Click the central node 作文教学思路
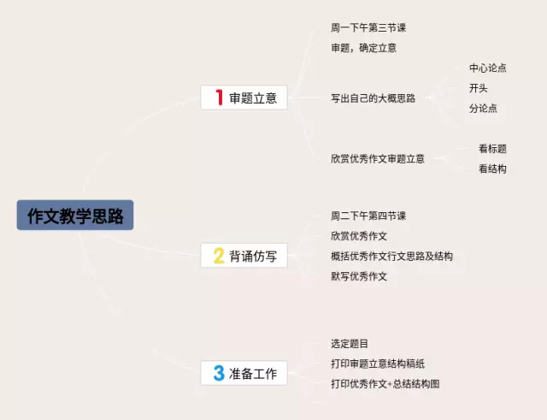point(75,216)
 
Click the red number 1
point(219,98)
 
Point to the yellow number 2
point(219,255)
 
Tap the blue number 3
point(219,373)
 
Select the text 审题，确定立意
point(363,48)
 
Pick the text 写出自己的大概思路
point(373,98)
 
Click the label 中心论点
point(487,68)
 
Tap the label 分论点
point(483,108)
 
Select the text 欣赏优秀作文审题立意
point(377,158)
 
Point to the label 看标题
point(492,148)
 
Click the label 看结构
point(492,169)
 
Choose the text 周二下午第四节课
point(368,216)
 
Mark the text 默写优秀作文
point(359,276)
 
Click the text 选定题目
point(350,344)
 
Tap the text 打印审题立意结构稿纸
point(377,364)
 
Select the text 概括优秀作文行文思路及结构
point(391,257)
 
